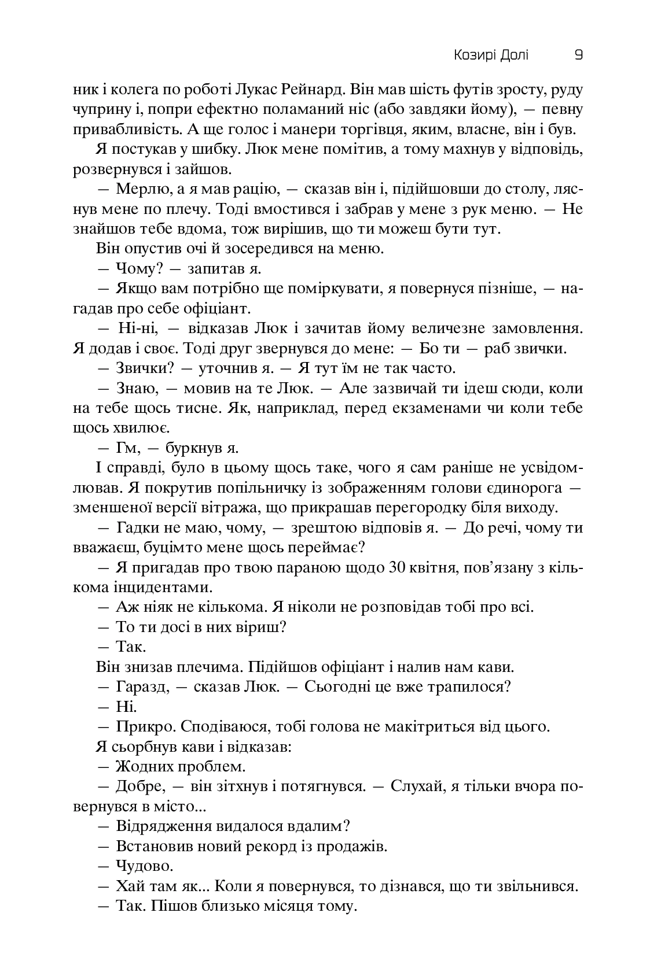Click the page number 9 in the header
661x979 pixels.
click(578, 56)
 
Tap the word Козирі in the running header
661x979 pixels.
click(474, 56)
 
